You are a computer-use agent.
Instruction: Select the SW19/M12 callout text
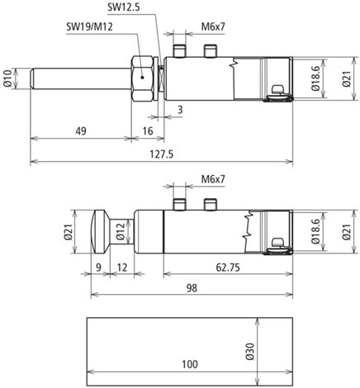point(89,26)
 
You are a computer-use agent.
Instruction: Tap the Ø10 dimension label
point(8,78)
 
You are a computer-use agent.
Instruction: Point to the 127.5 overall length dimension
point(162,154)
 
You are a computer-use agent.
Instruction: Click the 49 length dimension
point(81,131)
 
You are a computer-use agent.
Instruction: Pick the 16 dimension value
point(148,131)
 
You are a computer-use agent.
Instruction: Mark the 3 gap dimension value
point(180,110)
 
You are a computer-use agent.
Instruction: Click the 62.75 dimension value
point(228,267)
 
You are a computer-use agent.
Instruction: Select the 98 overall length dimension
point(192,288)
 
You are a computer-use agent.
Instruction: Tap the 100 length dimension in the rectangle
point(190,364)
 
